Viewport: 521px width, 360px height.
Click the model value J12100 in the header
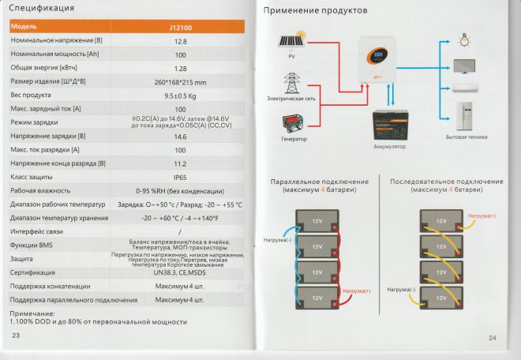coord(180,26)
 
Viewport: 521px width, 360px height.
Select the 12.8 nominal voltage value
coord(180,40)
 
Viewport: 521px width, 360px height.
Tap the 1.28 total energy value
coord(180,69)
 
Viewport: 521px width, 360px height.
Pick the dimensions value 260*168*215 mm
coord(180,82)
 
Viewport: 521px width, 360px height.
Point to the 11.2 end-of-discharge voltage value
coord(180,163)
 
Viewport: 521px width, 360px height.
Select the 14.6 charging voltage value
coord(180,137)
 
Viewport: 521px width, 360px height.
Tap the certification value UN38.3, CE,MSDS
coord(180,272)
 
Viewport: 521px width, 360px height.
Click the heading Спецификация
coord(43,9)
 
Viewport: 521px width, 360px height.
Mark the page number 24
coord(493,338)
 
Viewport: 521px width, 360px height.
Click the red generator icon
coord(294,122)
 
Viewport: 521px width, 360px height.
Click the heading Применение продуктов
coord(315,11)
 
